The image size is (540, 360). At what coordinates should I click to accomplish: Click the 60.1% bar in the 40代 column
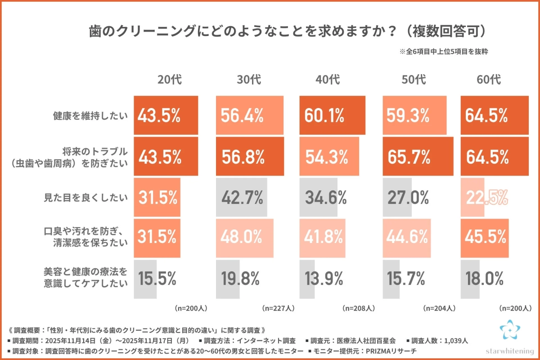pyautogui.click(x=332, y=116)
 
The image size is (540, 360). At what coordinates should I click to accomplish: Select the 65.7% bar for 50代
pyautogui.click(x=418, y=157)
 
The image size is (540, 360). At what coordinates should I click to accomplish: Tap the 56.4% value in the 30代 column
pyautogui.click(x=242, y=116)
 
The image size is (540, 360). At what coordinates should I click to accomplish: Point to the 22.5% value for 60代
pyautogui.click(x=487, y=197)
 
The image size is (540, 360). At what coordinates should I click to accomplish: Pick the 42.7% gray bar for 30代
pyautogui.click(x=242, y=197)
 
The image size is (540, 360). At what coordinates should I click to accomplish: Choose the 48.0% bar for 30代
pyautogui.click(x=244, y=238)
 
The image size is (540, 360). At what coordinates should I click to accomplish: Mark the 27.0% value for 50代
pyautogui.click(x=406, y=197)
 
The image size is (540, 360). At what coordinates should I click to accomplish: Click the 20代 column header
pyautogui.click(x=170, y=80)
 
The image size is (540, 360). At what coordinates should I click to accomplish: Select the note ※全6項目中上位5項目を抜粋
pyautogui.click(x=444, y=52)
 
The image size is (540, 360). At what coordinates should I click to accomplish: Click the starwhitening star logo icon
pyautogui.click(x=509, y=331)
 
